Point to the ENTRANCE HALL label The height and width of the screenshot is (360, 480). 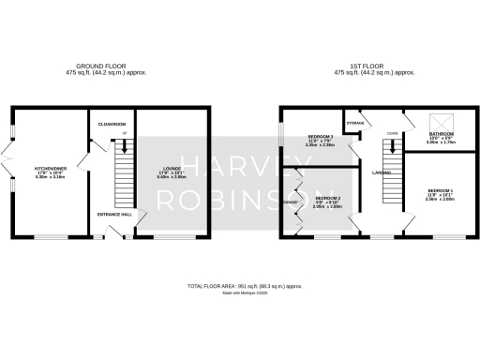[x=113, y=215]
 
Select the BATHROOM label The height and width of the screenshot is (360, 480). [x=442, y=135]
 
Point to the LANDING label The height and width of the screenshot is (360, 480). [x=382, y=172]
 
